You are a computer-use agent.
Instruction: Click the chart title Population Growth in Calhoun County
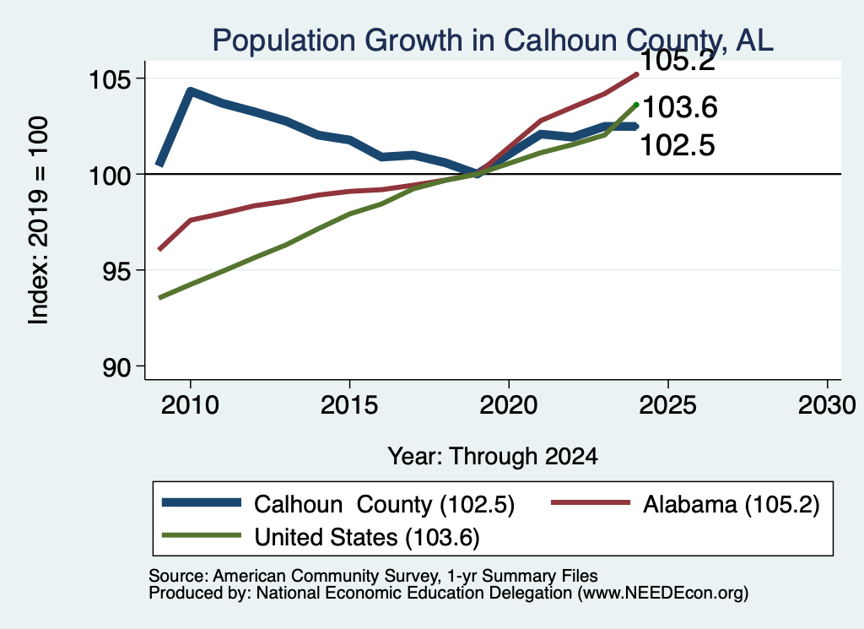(x=493, y=41)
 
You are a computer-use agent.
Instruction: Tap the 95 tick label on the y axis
(x=117, y=271)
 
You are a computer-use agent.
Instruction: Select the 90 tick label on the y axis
(x=117, y=367)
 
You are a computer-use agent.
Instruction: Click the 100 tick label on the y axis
(x=111, y=176)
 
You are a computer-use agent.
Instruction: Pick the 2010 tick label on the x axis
(x=190, y=405)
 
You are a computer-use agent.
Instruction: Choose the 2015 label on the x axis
(x=349, y=405)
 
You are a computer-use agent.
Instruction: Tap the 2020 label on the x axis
(x=509, y=405)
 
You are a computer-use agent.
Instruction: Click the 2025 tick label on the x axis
(x=668, y=405)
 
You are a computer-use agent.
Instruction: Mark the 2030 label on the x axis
(x=827, y=405)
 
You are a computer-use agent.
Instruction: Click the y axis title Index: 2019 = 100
(x=39, y=220)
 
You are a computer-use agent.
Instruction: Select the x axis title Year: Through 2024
(x=493, y=457)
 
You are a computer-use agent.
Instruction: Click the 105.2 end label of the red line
(x=678, y=61)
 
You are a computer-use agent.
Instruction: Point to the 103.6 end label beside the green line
(x=680, y=107)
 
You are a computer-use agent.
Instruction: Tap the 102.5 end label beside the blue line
(x=678, y=145)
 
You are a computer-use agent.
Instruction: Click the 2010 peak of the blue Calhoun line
(x=190, y=91)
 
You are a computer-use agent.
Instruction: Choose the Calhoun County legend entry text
(x=384, y=504)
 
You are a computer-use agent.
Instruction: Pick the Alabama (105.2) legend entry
(x=732, y=504)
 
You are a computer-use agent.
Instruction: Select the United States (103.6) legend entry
(x=367, y=538)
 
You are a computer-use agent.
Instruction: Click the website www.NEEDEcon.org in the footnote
(x=663, y=593)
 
